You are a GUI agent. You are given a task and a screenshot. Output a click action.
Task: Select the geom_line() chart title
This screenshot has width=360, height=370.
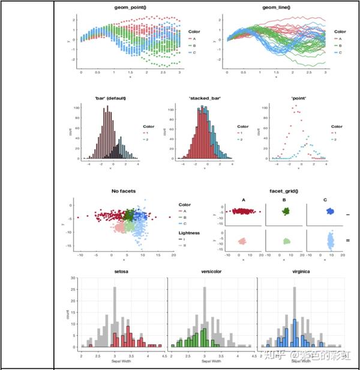[275, 7]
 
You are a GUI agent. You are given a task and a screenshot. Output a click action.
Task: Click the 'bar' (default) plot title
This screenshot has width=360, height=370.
[110, 97]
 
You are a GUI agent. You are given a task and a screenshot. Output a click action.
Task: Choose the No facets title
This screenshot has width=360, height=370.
[124, 191]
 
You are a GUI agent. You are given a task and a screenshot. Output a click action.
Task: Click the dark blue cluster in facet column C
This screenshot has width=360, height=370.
[329, 212]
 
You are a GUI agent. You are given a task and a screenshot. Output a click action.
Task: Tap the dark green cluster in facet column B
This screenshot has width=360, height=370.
[286, 211]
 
